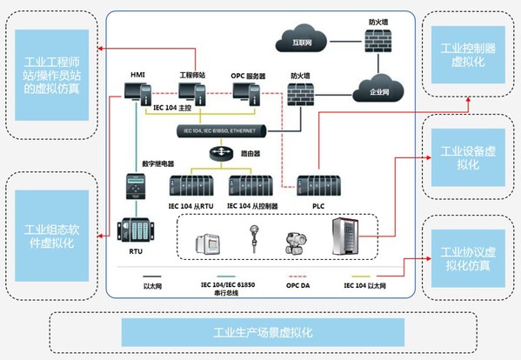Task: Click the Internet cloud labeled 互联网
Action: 300,40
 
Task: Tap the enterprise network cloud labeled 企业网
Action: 377,89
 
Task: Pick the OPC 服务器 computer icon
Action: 249,94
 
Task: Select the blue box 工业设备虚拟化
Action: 467,158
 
